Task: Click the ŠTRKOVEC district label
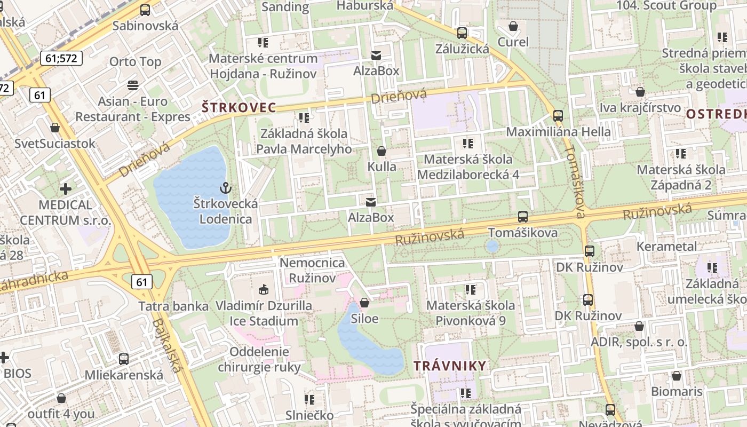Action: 239,107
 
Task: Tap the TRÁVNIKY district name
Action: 450,366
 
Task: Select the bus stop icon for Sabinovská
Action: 145,10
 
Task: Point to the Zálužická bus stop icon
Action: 462,33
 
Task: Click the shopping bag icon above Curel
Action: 513,26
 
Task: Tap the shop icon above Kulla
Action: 382,151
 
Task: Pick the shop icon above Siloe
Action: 364,303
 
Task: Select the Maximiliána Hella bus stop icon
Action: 558,115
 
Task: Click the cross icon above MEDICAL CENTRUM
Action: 66,189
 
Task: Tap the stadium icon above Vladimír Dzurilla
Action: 263,290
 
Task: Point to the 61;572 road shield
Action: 61,58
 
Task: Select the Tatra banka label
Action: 173,306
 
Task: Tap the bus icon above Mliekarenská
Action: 124,359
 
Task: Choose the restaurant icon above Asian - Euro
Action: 133,85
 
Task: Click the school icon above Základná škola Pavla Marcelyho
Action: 304,117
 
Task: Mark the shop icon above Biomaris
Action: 677,376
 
